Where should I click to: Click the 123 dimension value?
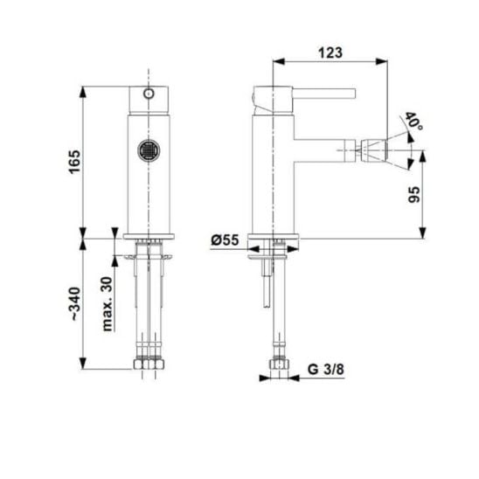coord(330,52)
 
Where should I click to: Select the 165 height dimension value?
coord(74,162)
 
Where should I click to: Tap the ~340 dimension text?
coord(75,304)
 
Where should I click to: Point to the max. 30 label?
coord(108,303)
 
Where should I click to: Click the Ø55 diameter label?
coord(225,240)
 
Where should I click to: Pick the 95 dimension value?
coord(414,195)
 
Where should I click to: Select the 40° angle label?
coord(413,121)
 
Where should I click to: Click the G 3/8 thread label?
coord(326,370)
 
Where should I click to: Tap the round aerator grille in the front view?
coord(149,150)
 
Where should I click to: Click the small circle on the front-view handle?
coord(149,94)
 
